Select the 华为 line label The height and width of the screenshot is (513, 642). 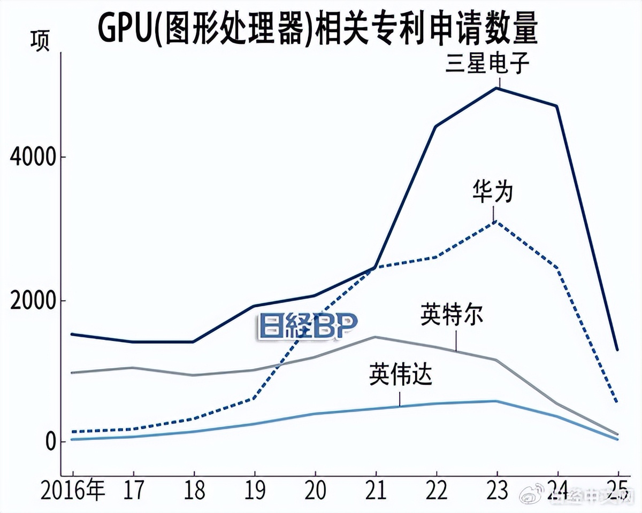coord(493,192)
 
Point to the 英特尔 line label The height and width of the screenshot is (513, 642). coord(452,315)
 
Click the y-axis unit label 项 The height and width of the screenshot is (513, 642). coord(40,42)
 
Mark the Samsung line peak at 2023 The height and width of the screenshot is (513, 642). coord(497,88)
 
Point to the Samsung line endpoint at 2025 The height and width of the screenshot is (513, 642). coord(618,350)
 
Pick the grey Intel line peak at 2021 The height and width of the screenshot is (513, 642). coord(376,337)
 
